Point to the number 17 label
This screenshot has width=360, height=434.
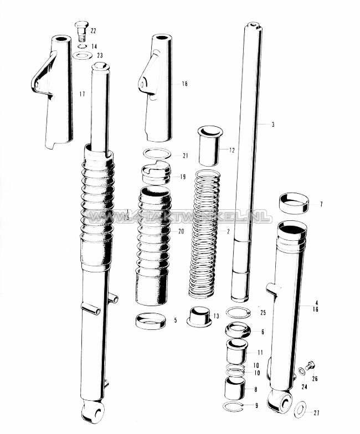(x=82, y=95)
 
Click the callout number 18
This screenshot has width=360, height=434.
(x=184, y=84)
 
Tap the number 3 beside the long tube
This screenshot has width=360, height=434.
(x=273, y=125)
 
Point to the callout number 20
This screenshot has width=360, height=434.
(x=180, y=231)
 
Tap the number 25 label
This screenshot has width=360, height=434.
(x=263, y=313)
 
